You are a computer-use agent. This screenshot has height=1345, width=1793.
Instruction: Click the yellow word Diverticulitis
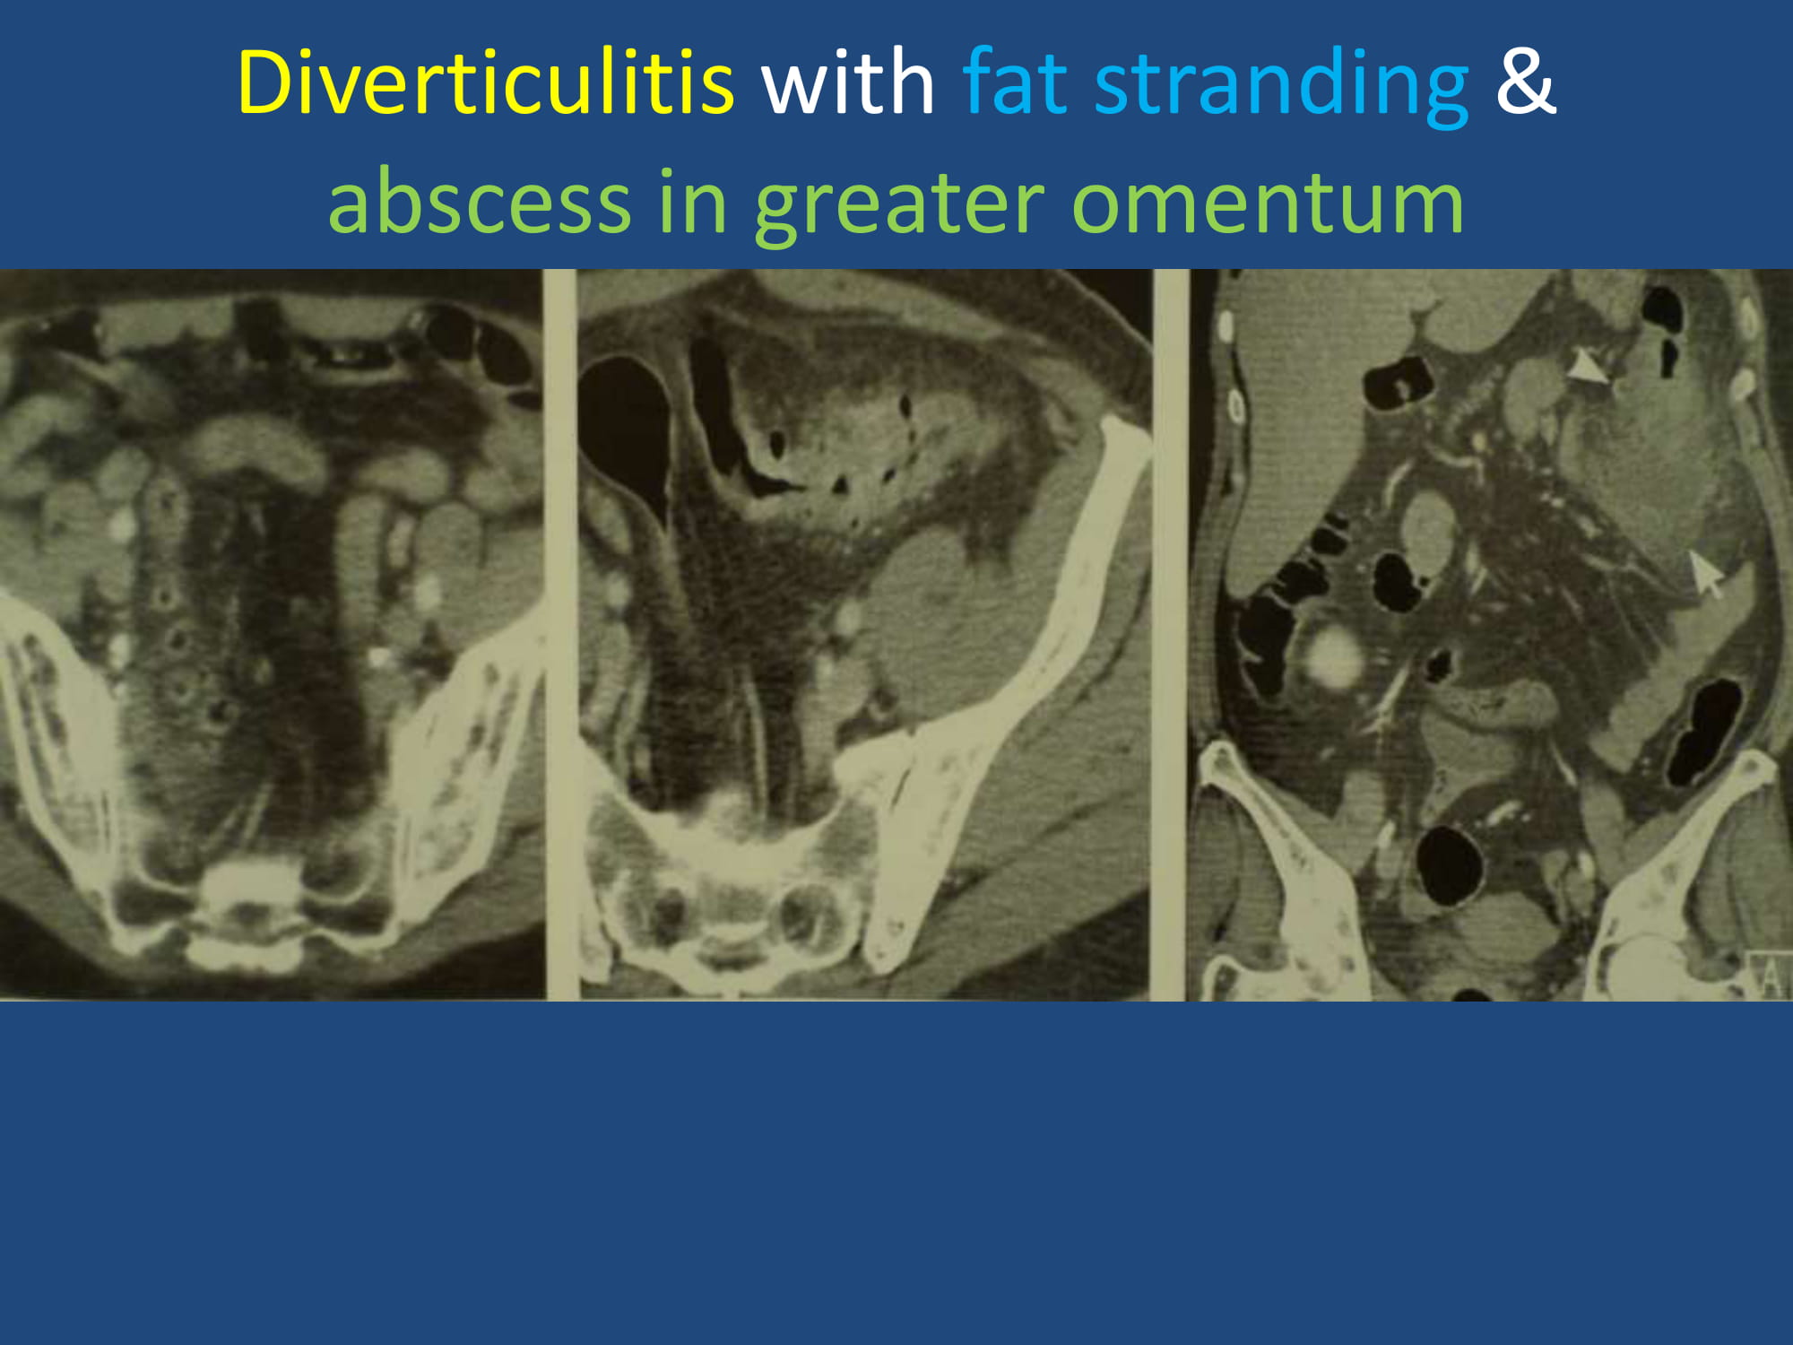(x=485, y=82)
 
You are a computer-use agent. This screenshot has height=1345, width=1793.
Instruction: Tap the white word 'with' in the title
(x=848, y=82)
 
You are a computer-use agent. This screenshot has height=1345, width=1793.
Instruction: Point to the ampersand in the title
(x=1525, y=82)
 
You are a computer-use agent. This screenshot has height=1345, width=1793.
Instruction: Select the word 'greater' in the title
(x=899, y=205)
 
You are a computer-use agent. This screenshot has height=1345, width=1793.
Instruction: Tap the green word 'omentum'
(x=1268, y=203)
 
